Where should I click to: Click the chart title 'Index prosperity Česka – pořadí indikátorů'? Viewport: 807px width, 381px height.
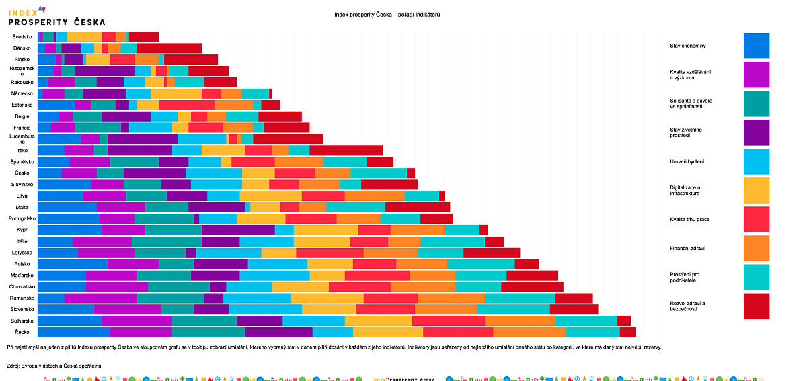click(387, 15)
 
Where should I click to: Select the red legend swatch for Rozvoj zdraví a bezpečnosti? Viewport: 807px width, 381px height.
click(756, 306)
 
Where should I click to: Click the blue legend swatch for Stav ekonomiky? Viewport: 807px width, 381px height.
click(756, 46)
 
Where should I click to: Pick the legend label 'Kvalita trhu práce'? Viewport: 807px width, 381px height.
click(690, 220)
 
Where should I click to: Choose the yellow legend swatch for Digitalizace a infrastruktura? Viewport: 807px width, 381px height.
click(756, 190)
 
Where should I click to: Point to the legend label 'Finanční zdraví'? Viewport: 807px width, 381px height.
click(687, 249)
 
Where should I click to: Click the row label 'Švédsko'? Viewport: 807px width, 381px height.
click(23, 37)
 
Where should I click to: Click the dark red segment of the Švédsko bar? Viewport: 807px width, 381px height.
click(143, 37)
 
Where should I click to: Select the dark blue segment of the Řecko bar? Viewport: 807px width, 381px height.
click(73, 332)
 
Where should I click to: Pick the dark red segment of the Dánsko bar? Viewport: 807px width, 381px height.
click(169, 48)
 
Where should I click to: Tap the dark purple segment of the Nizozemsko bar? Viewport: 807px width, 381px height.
click(104, 71)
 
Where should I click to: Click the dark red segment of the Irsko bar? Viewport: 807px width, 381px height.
click(346, 151)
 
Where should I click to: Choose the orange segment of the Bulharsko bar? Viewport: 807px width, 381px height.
click(519, 321)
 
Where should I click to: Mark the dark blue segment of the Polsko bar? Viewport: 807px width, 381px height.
click(72, 264)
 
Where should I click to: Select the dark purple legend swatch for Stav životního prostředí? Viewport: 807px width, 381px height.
click(756, 132)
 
